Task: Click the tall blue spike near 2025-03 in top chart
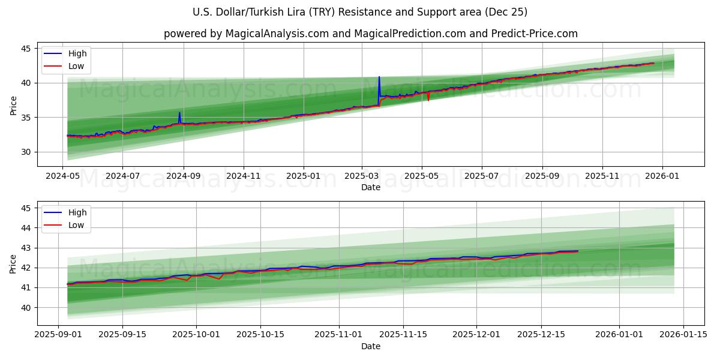click(x=379, y=78)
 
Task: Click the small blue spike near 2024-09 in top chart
click(x=179, y=113)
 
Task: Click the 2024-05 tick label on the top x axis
click(x=63, y=176)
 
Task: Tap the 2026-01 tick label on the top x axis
click(x=662, y=176)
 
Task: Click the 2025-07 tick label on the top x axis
click(x=482, y=176)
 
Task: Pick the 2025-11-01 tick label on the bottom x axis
click(x=340, y=334)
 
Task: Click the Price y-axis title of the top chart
click(x=13, y=106)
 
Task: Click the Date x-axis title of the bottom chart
click(x=370, y=346)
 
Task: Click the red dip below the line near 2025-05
click(x=428, y=100)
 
